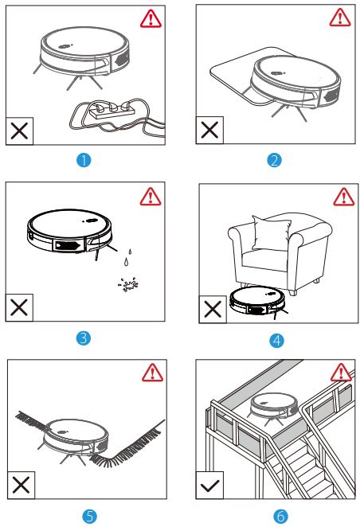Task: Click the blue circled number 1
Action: pos(84,160)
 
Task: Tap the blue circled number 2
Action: pos(274,160)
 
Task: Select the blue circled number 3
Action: pos(84,338)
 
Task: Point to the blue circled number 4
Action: pos(276,341)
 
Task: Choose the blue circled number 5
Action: pos(89,516)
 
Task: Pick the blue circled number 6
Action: pos(280,516)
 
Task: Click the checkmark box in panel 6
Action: pos(209,486)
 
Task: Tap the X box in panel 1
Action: pos(19,131)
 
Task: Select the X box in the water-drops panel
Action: pos(19,307)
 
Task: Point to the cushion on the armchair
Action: pos(271,233)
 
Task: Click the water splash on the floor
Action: pos(128,285)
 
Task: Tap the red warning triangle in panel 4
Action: pos(343,197)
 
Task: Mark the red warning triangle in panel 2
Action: pos(340,18)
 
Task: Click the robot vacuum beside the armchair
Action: pos(258,301)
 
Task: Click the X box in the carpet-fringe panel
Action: pos(21,486)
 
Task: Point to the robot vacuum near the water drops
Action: pos(69,231)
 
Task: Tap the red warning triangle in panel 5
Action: pos(152,373)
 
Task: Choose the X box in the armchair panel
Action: pos(213,309)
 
